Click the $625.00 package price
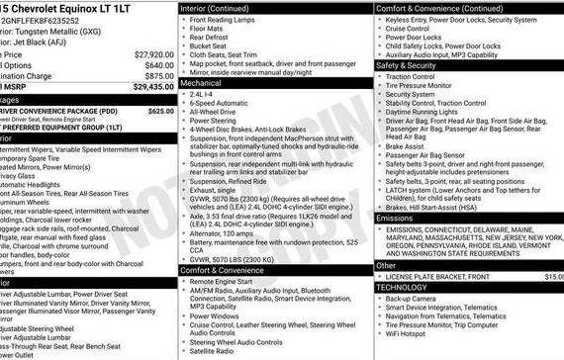click(x=159, y=112)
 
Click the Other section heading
click(x=390, y=265)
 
